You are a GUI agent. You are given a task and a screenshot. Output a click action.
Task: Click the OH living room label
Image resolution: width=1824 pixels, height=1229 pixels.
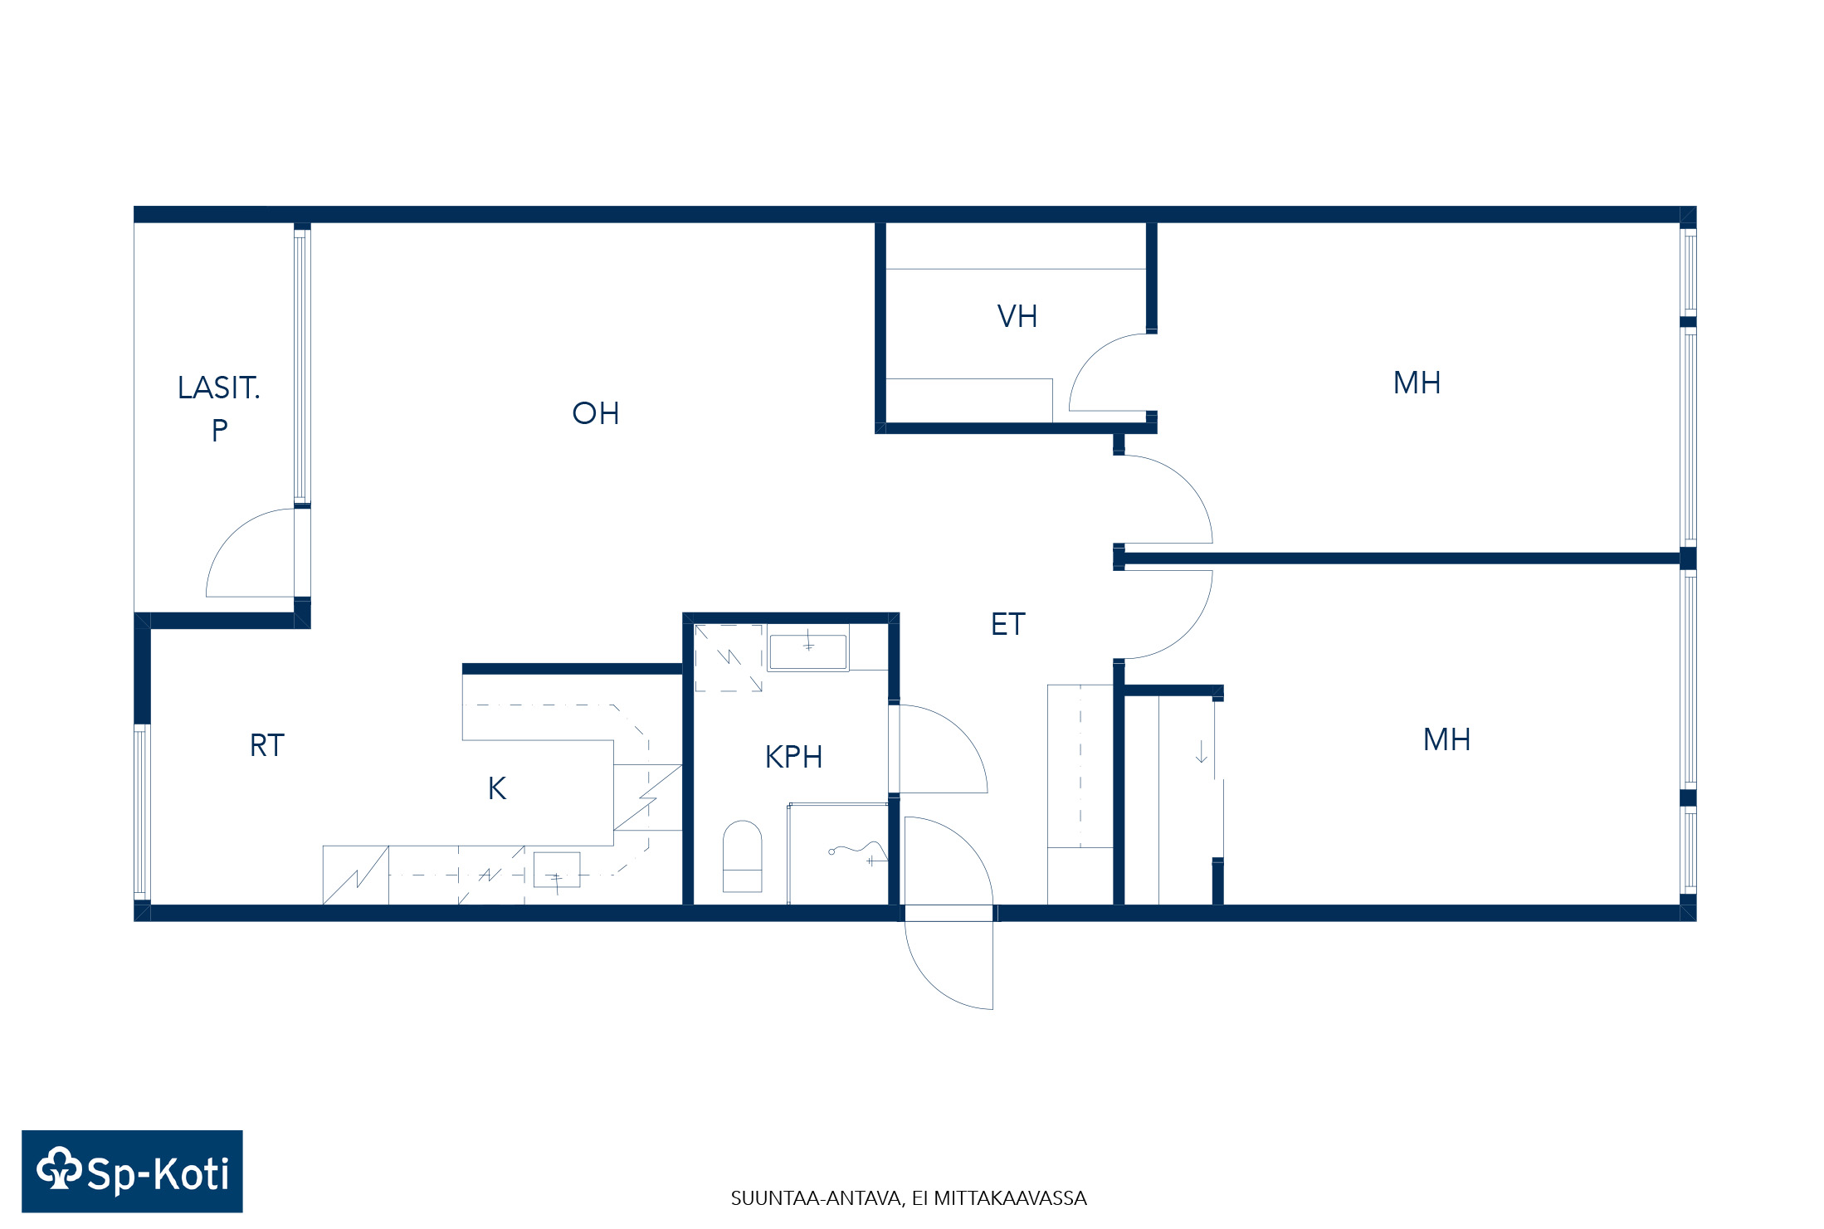click(x=595, y=413)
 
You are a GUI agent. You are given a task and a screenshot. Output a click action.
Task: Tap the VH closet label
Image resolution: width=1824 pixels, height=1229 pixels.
click(x=1017, y=316)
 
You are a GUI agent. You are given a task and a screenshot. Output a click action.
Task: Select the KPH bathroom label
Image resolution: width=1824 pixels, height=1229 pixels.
click(x=793, y=757)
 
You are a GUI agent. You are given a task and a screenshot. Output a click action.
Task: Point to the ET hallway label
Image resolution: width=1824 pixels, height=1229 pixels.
click(x=1007, y=624)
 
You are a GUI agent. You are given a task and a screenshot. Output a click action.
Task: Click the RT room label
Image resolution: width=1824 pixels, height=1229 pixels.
click(x=266, y=745)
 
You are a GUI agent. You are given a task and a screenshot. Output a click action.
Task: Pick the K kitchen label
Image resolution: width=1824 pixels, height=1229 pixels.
click(x=497, y=788)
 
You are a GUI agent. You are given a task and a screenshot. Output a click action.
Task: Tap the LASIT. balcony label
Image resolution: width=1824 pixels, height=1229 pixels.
click(x=218, y=388)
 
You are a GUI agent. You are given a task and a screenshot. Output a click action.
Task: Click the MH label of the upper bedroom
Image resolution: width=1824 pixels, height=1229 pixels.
click(x=1417, y=383)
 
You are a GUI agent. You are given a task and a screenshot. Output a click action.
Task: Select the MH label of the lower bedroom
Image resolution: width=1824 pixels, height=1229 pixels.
click(x=1446, y=739)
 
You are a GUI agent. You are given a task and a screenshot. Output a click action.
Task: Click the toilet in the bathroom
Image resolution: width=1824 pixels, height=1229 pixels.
click(x=742, y=856)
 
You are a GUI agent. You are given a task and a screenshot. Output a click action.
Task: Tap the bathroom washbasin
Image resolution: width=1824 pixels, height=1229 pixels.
click(x=807, y=651)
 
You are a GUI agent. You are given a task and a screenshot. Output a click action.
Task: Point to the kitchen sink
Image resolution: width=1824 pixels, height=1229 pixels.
click(x=556, y=870)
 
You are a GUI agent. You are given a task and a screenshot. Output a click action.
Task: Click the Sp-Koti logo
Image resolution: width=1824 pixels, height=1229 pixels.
click(x=132, y=1171)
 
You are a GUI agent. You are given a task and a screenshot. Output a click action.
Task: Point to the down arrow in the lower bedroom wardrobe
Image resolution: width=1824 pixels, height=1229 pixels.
click(x=1201, y=751)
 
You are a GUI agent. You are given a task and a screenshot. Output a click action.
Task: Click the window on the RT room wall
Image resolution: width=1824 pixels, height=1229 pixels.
click(x=142, y=812)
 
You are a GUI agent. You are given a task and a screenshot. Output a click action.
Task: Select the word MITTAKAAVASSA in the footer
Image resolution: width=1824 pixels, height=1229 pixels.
click(x=1010, y=1198)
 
